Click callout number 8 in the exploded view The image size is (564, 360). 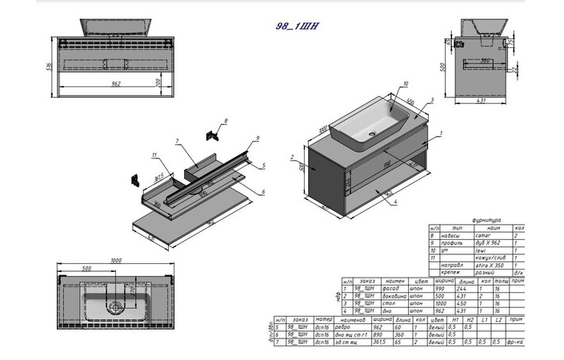[226, 120]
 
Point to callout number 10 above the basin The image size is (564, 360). [406, 83]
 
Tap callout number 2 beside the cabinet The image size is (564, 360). [293, 157]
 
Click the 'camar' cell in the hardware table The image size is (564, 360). [482, 236]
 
